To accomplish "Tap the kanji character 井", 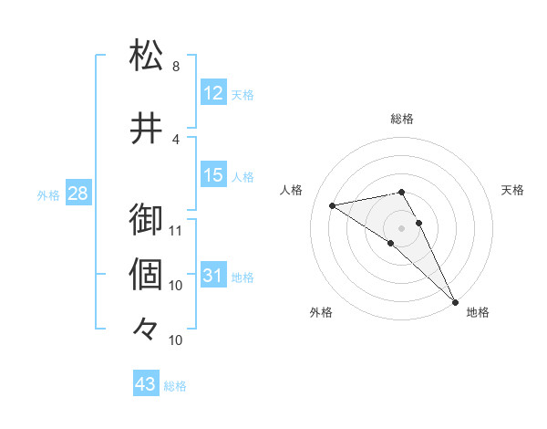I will click(147, 129).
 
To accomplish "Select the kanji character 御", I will click(147, 220).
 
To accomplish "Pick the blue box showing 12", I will click(213, 93).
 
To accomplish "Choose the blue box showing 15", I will click(213, 175).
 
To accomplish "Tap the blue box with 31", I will click(213, 277).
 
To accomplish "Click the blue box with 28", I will click(77, 194).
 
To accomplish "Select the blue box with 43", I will click(146, 384).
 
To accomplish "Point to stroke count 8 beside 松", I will click(176, 67).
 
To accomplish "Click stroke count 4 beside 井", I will click(176, 140).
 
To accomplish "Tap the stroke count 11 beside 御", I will click(176, 230).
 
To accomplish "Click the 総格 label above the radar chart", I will click(402, 119).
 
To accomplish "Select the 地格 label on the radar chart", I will click(478, 312).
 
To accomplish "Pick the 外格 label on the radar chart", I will click(321, 312).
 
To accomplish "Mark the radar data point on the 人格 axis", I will click(332, 205).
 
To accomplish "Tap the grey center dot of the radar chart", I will click(401, 226).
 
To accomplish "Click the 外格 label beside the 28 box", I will click(48, 195).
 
